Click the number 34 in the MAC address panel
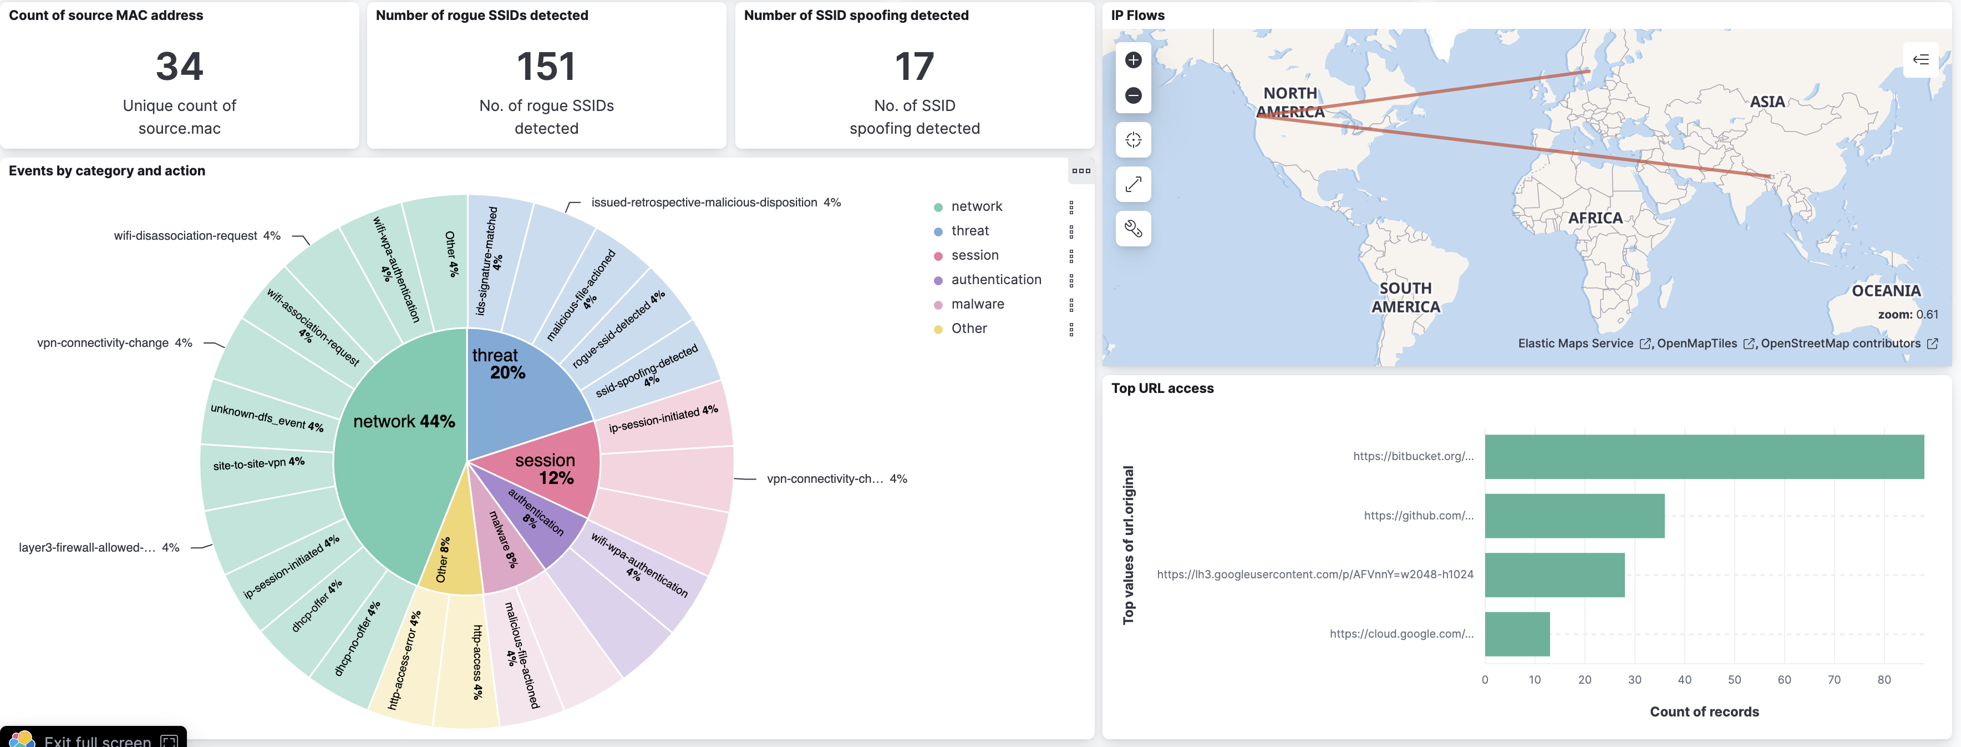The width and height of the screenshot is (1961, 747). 180,67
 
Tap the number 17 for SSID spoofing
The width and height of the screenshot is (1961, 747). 915,67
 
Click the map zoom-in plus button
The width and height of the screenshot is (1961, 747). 1133,60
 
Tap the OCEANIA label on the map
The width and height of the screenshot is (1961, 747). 1886,291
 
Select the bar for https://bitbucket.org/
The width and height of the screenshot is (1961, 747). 1704,457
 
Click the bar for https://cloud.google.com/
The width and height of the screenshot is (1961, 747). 1516,634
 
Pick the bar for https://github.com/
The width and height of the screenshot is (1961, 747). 1573,516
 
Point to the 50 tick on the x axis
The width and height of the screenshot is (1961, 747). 1734,679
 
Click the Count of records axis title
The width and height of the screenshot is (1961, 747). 1704,711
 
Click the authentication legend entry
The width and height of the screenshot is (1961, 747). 995,280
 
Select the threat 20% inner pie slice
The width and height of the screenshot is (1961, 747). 517,388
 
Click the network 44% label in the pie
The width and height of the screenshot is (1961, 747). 404,421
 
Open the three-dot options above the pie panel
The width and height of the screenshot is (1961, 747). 1080,170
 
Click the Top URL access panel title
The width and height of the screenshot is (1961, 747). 1162,388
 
